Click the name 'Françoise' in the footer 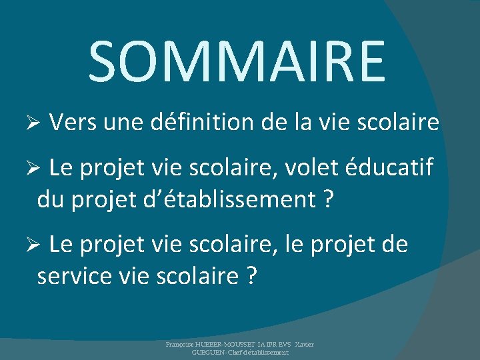coord(181,344)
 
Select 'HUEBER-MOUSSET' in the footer coord(227,344)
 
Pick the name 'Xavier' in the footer coord(305,344)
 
